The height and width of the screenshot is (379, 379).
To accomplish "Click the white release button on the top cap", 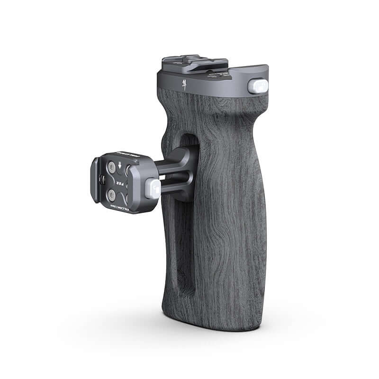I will (258, 86).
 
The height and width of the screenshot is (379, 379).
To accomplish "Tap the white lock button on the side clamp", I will (153, 188).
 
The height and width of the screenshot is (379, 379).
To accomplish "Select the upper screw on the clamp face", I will (112, 167).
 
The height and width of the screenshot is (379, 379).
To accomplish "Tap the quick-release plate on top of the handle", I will (195, 63).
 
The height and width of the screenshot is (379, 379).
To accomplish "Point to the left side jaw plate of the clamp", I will (95, 180).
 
